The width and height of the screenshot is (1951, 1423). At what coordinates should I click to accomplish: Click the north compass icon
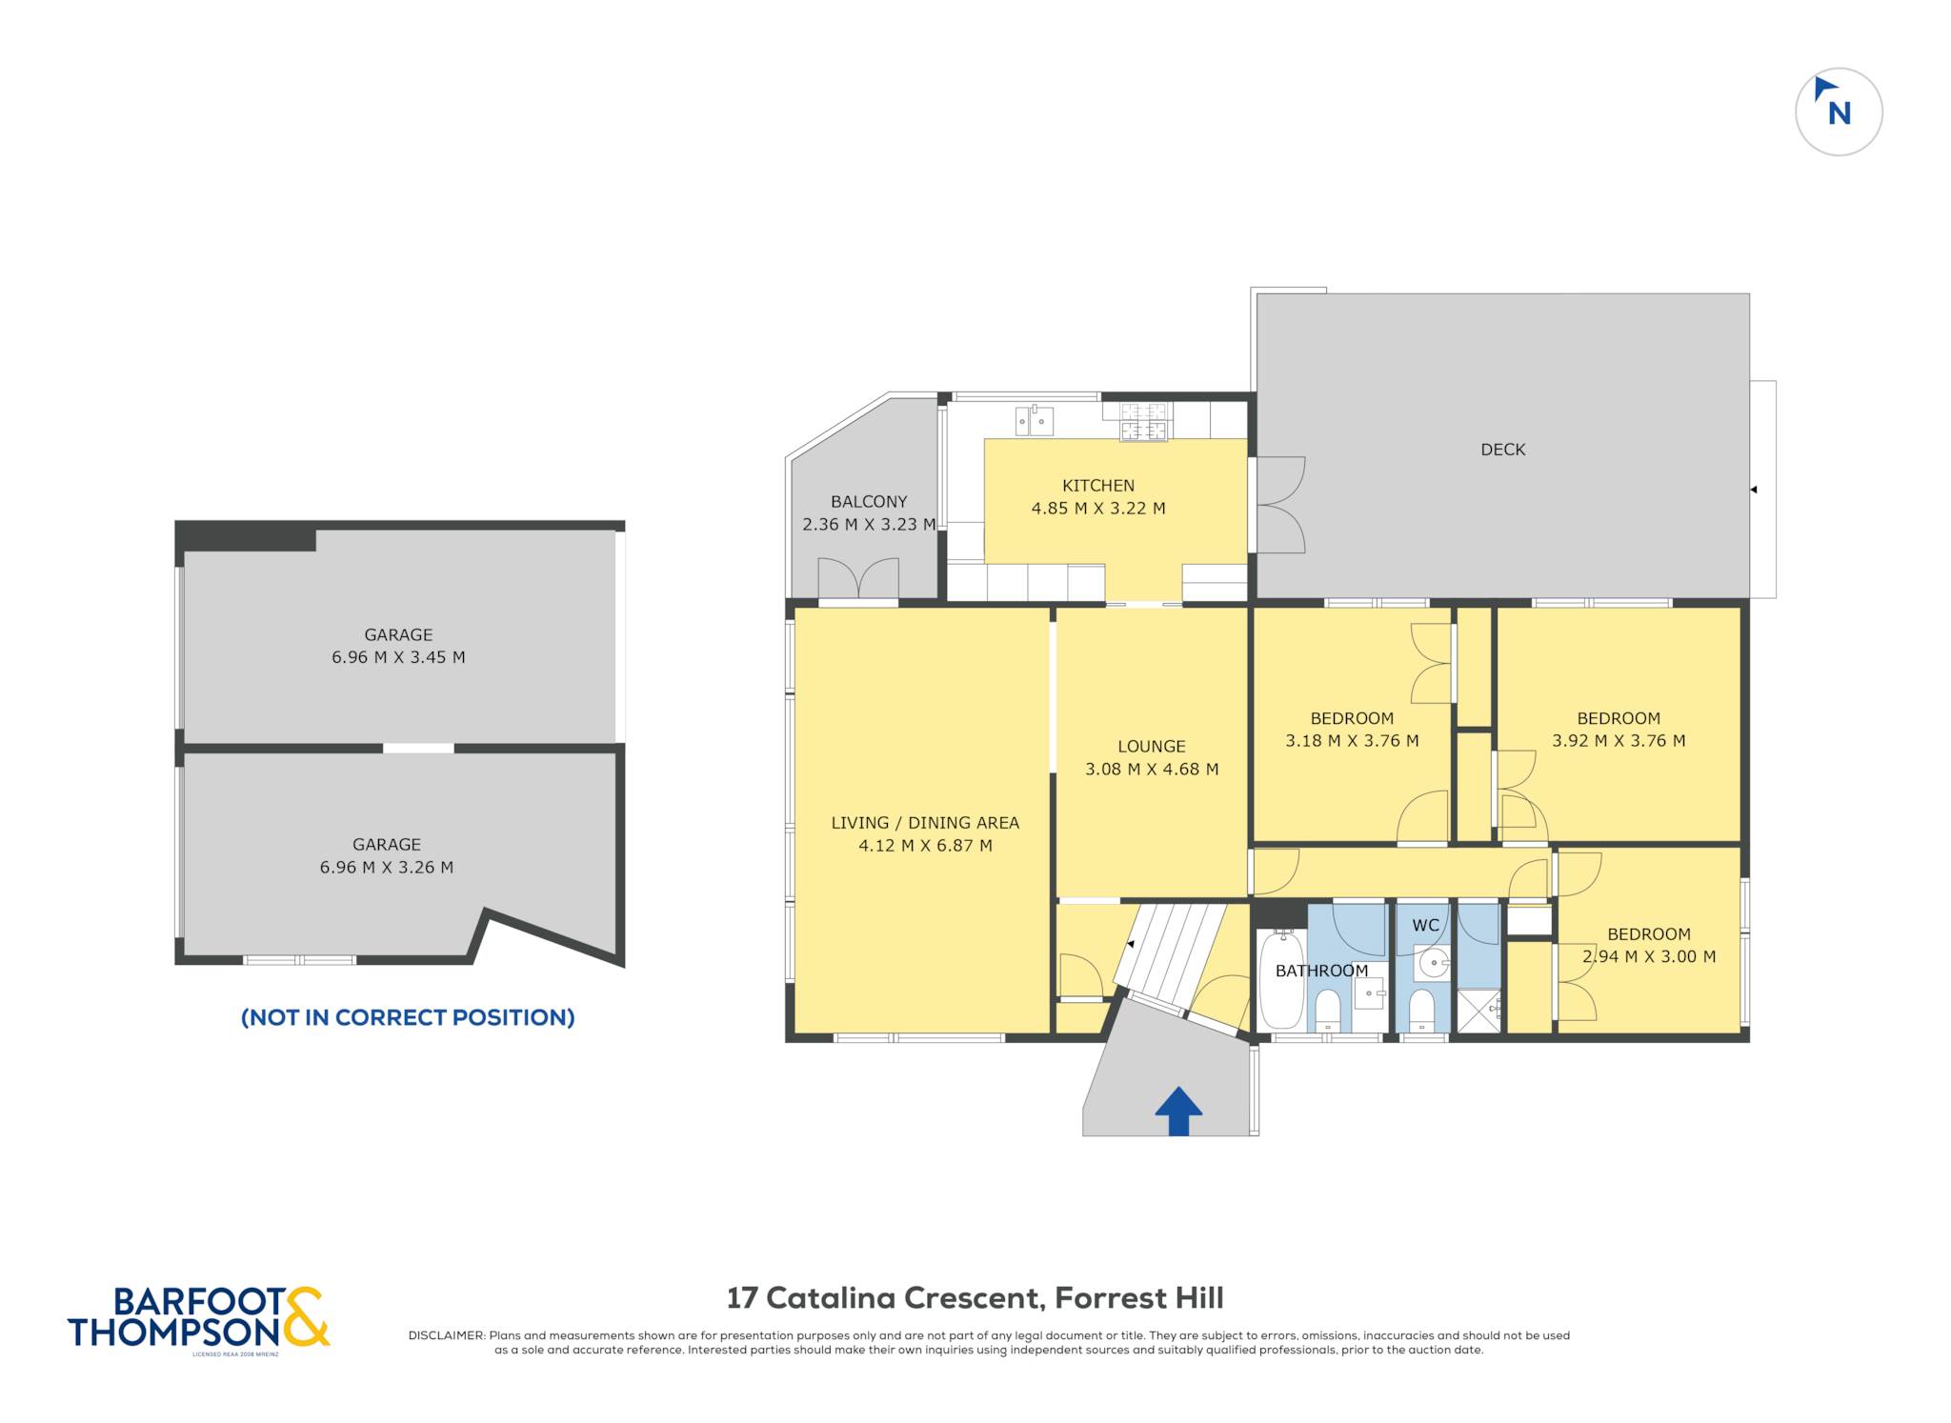pyautogui.click(x=1839, y=111)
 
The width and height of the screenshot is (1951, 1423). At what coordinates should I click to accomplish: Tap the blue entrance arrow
pyautogui.click(x=1178, y=1111)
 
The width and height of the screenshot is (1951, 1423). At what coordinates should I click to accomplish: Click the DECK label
pyautogui.click(x=1502, y=450)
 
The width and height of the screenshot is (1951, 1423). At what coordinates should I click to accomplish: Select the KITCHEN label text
pyautogui.click(x=1097, y=486)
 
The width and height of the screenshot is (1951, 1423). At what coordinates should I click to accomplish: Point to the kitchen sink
pyautogui.click(x=1034, y=420)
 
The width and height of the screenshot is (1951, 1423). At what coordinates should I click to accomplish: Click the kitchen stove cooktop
pyautogui.click(x=1144, y=422)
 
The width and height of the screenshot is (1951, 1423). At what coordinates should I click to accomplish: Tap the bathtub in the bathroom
pyautogui.click(x=1281, y=981)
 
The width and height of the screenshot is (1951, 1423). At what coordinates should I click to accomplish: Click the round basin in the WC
pyautogui.click(x=1433, y=963)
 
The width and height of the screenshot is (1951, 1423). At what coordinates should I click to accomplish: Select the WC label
pyautogui.click(x=1425, y=926)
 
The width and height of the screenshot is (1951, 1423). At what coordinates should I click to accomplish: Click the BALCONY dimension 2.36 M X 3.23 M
pyautogui.click(x=869, y=524)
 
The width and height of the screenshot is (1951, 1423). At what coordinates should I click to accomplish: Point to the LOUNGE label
pyautogui.click(x=1152, y=747)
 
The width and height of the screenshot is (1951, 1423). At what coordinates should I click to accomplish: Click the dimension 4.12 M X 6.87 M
pyautogui.click(x=925, y=846)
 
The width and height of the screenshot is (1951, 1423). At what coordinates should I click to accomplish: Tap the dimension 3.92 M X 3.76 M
pyautogui.click(x=1619, y=741)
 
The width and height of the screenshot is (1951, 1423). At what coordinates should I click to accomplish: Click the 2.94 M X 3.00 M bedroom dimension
pyautogui.click(x=1649, y=957)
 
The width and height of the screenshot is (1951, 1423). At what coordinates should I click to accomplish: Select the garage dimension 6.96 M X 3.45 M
pyautogui.click(x=398, y=657)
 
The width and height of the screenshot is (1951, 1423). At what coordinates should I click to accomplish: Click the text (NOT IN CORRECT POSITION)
pyautogui.click(x=408, y=1017)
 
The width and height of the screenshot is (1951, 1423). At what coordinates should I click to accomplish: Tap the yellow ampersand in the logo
pyautogui.click(x=305, y=1316)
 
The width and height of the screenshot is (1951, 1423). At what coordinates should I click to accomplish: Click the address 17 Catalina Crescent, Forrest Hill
pyautogui.click(x=975, y=1298)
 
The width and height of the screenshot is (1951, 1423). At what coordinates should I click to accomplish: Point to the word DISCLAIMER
pyautogui.click(x=446, y=1335)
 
